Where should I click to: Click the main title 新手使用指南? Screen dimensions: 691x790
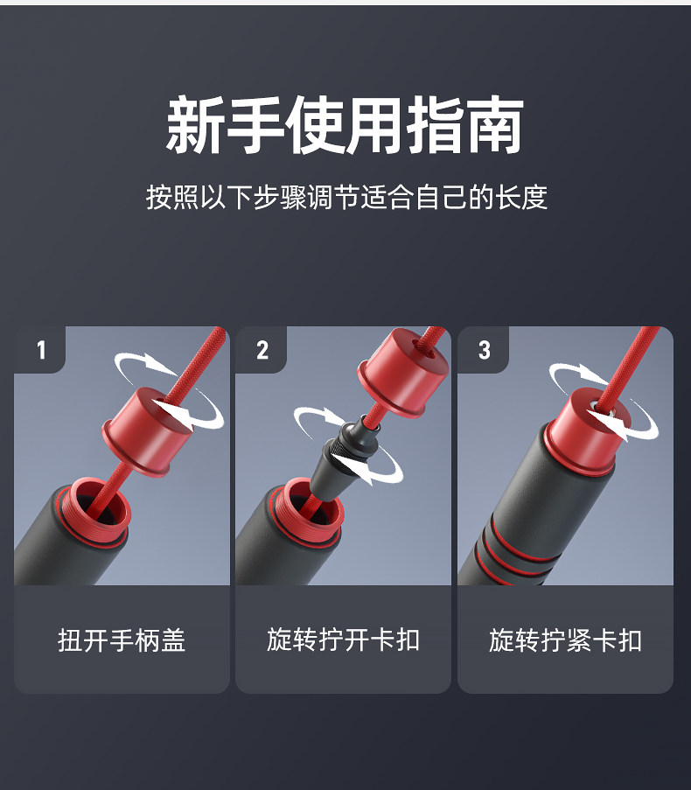(345, 125)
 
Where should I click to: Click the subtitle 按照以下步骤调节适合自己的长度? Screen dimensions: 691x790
(346, 197)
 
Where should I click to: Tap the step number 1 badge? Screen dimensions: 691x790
(41, 350)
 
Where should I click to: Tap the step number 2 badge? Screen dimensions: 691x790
(262, 350)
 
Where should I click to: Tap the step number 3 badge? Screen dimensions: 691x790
(484, 350)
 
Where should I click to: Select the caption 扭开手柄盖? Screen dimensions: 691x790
(122, 640)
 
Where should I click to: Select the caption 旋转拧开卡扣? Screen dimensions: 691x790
(343, 640)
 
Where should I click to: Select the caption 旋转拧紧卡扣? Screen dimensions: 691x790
(565, 640)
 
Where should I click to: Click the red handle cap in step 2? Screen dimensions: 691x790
(403, 372)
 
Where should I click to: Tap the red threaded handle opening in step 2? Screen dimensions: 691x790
(307, 513)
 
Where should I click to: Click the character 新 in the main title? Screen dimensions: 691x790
(194, 125)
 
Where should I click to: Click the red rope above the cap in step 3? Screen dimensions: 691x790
(631, 364)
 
